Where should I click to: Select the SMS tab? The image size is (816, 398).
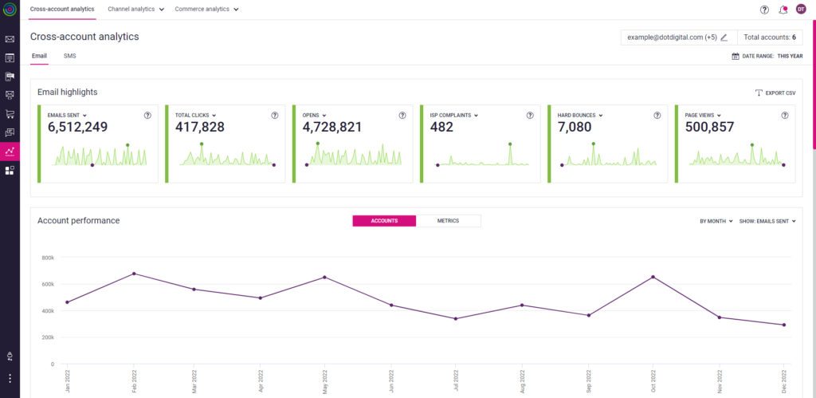pyautogui.click(x=70, y=56)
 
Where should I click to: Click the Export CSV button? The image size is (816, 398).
pyautogui.click(x=775, y=93)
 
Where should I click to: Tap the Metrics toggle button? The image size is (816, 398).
pyautogui.click(x=448, y=220)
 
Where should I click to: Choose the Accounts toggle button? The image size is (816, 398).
pyautogui.click(x=384, y=220)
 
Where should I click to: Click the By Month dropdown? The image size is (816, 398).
pyautogui.click(x=716, y=221)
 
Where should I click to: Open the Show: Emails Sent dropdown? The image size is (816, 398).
pyautogui.click(x=767, y=221)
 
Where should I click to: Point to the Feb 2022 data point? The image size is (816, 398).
pyautogui.click(x=134, y=274)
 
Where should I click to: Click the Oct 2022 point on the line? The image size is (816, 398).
pyautogui.click(x=653, y=277)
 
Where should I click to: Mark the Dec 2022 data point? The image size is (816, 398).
pyautogui.click(x=784, y=325)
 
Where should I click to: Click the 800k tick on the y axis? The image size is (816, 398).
pyautogui.click(x=47, y=258)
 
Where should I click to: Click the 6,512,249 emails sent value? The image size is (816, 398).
pyautogui.click(x=77, y=127)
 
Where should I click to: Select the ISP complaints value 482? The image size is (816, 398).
pyautogui.click(x=441, y=127)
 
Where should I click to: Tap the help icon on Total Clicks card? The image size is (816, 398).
pyautogui.click(x=275, y=115)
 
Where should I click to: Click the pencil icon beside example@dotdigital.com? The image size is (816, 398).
pyautogui.click(x=724, y=37)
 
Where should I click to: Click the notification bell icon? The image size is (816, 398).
pyautogui.click(x=783, y=10)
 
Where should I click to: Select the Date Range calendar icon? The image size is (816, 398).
pyautogui.click(x=736, y=56)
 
